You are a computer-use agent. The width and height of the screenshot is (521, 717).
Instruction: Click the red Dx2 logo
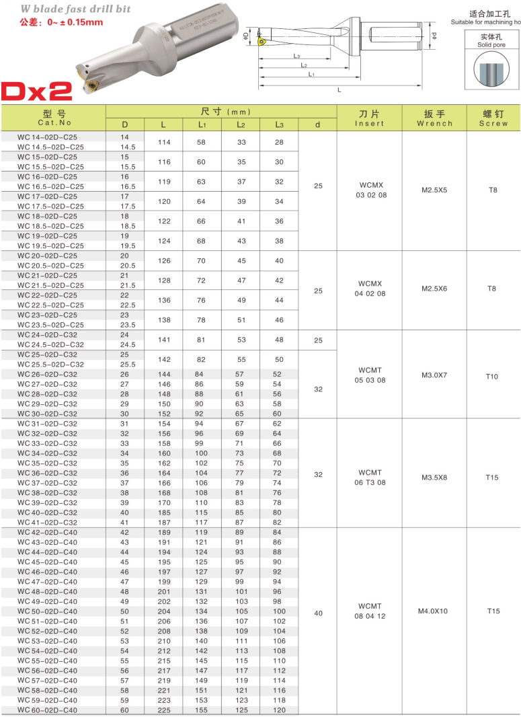[x=38, y=91]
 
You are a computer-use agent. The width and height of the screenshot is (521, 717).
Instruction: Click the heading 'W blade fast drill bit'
[x=75, y=9]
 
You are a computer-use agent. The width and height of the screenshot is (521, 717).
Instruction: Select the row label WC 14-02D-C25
[x=51, y=137]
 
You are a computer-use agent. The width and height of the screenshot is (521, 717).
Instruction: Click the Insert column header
[x=369, y=118]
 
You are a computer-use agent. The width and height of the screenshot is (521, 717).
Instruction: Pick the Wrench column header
[x=434, y=118]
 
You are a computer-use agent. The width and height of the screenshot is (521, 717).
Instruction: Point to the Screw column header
[x=493, y=118]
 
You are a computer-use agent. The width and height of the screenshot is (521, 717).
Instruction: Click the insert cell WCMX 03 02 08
[x=370, y=190]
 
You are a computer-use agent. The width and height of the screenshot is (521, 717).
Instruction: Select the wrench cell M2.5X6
[x=434, y=289]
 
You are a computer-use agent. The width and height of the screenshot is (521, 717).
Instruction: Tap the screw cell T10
[x=492, y=377]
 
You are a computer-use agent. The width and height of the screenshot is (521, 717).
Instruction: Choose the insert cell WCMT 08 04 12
[x=370, y=611]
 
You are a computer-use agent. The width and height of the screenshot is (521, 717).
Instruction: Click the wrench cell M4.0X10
[x=434, y=611]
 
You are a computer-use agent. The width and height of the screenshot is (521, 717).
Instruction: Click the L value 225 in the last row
[x=164, y=710]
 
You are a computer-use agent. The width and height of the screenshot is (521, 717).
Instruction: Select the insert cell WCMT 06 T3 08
[x=370, y=478]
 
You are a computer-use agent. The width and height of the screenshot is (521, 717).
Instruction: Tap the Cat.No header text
[x=54, y=123]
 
